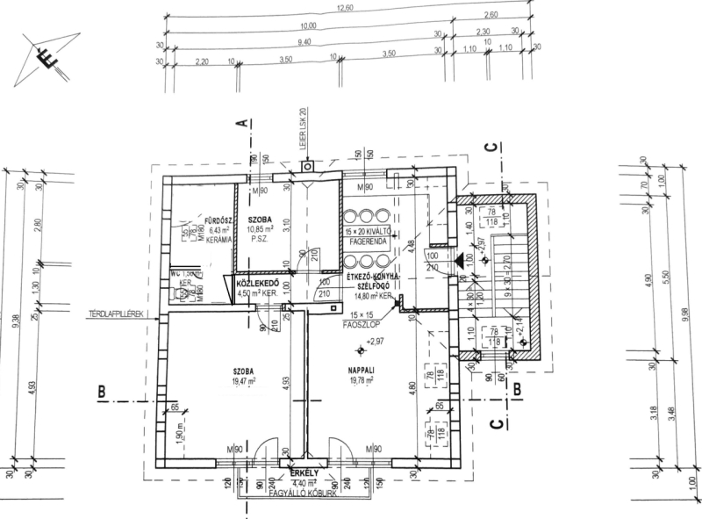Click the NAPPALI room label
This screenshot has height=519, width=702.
tap(362, 371)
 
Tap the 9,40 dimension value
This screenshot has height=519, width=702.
tap(304, 41)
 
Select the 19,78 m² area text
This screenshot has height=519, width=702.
tap(362, 382)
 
